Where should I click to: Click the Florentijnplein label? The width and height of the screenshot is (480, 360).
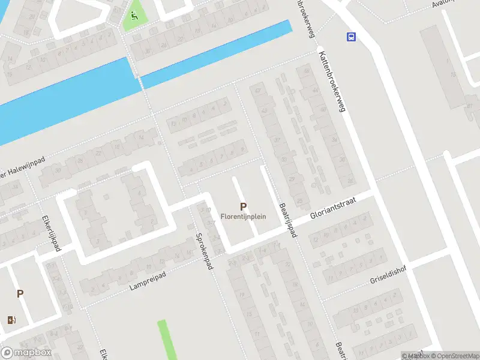pyautogui.click(x=243, y=217)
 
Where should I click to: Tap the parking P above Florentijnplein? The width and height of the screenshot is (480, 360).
pyautogui.click(x=243, y=206)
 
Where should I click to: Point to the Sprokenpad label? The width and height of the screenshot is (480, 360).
pyautogui.click(x=205, y=251)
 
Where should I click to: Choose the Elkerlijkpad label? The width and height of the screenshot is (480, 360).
pyautogui.click(x=51, y=233)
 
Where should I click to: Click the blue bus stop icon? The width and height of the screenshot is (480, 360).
pyautogui.click(x=351, y=37)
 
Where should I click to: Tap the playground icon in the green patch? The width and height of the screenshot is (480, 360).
pyautogui.click(x=134, y=16)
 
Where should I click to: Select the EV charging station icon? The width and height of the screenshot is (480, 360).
pyautogui.click(x=11, y=319)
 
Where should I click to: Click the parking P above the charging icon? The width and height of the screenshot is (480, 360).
pyautogui.click(x=20, y=294)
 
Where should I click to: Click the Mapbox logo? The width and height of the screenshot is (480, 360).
pyautogui.click(x=26, y=353)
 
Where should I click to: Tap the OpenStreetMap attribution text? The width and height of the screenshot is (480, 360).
pyautogui.click(x=454, y=356)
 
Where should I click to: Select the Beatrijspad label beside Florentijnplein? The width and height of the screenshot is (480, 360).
pyautogui.click(x=288, y=219)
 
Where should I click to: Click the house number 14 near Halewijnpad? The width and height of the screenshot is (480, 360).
pyautogui.click(x=142, y=137)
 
